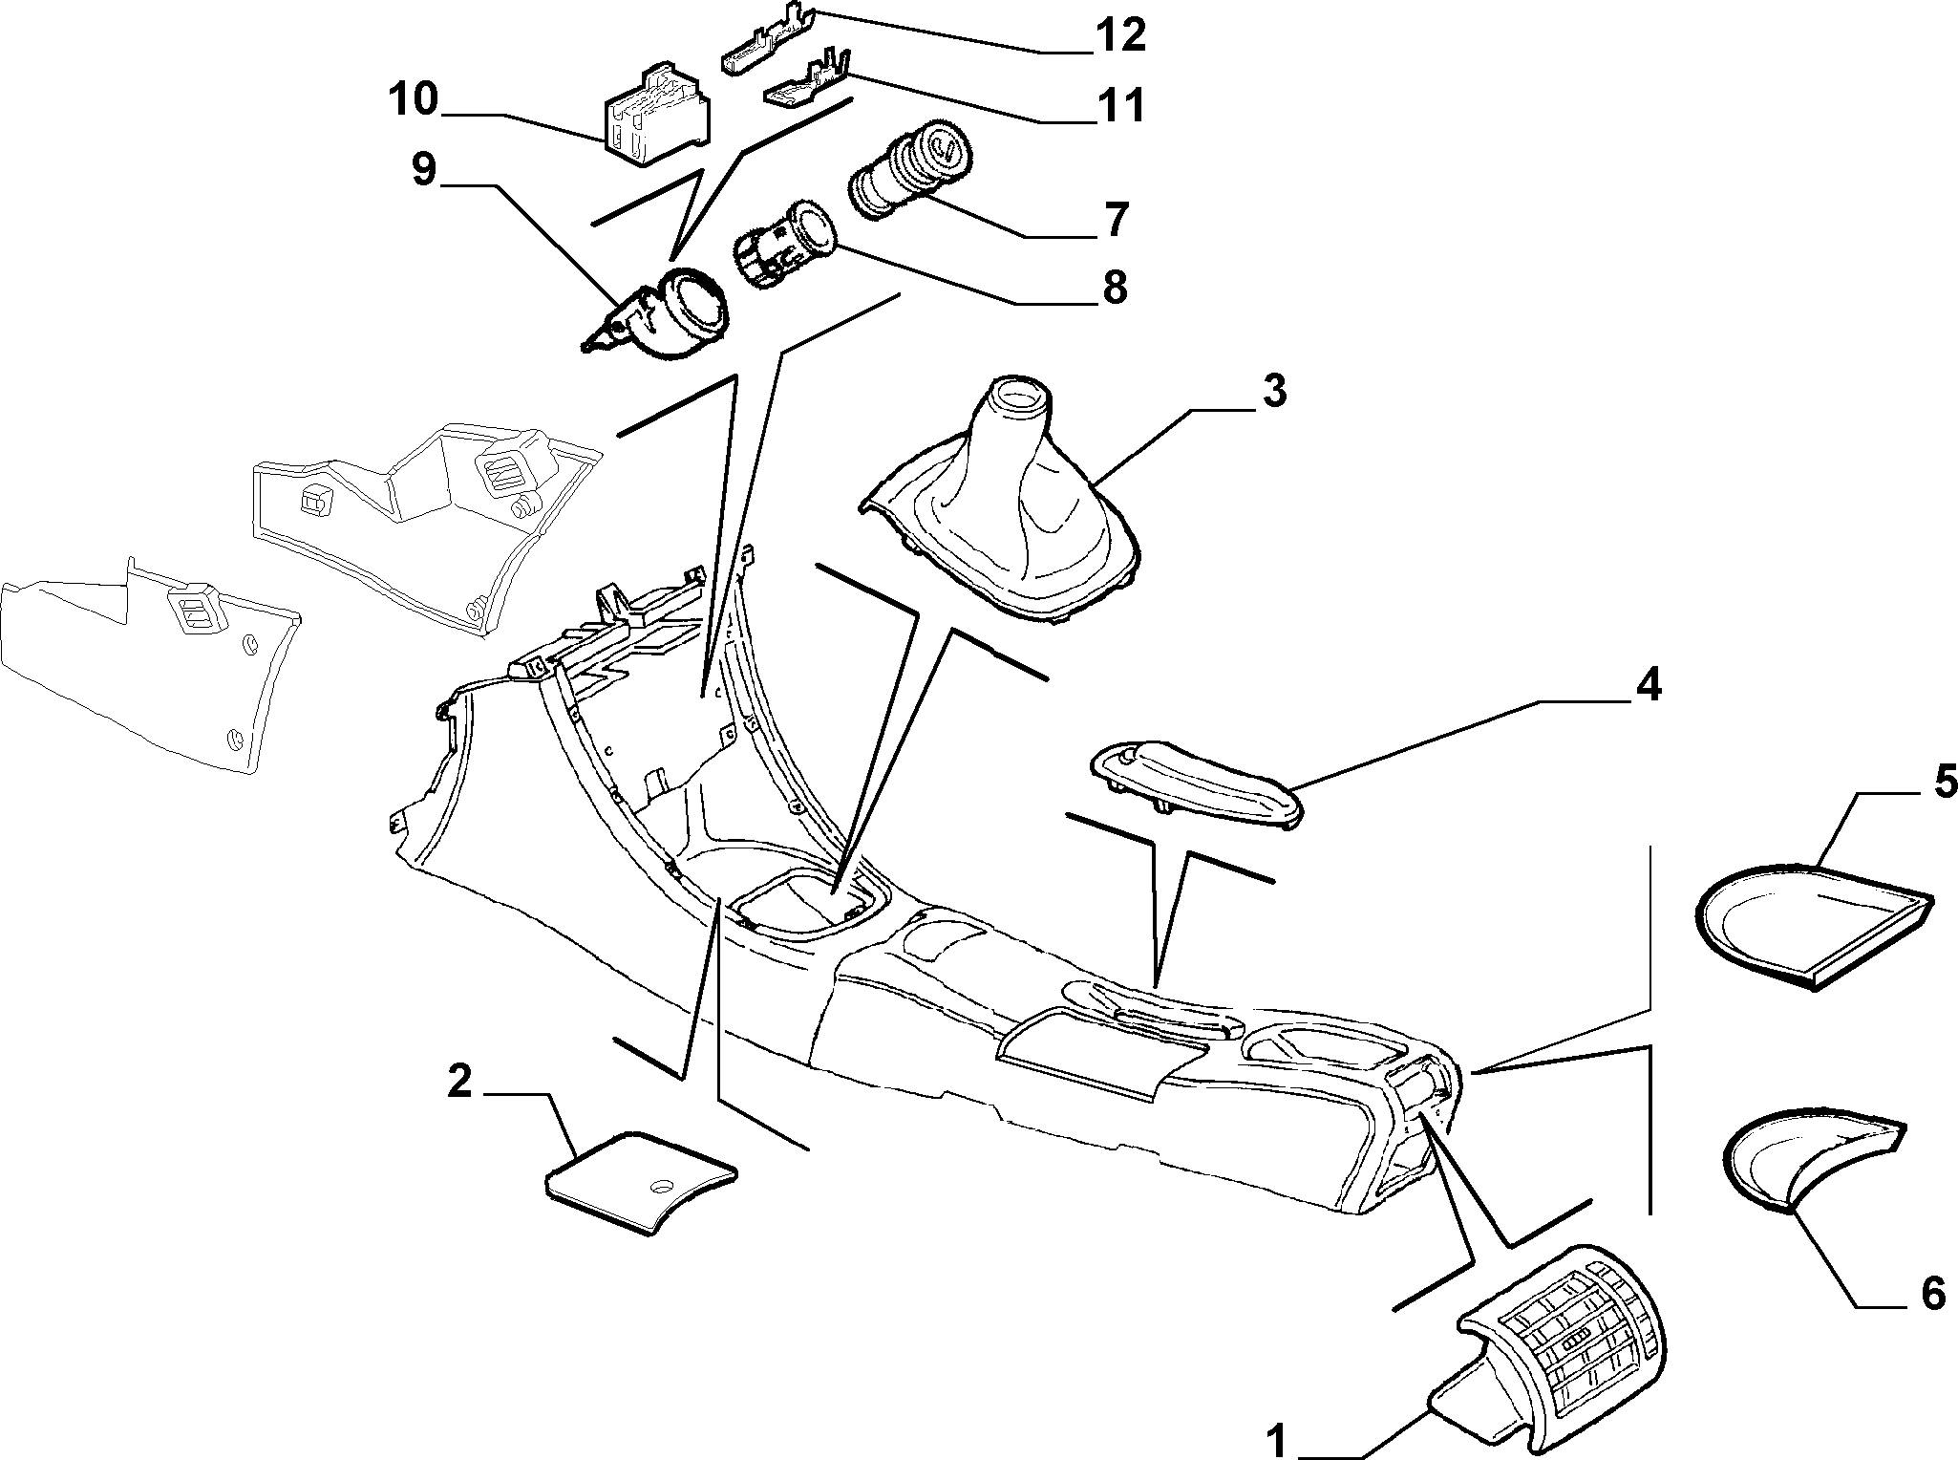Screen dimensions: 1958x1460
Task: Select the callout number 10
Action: tap(413, 98)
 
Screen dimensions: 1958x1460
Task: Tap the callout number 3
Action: tap(1274, 391)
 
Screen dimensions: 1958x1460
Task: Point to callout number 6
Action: tap(1932, 1294)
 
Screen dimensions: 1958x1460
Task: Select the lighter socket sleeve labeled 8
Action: tap(784, 246)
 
